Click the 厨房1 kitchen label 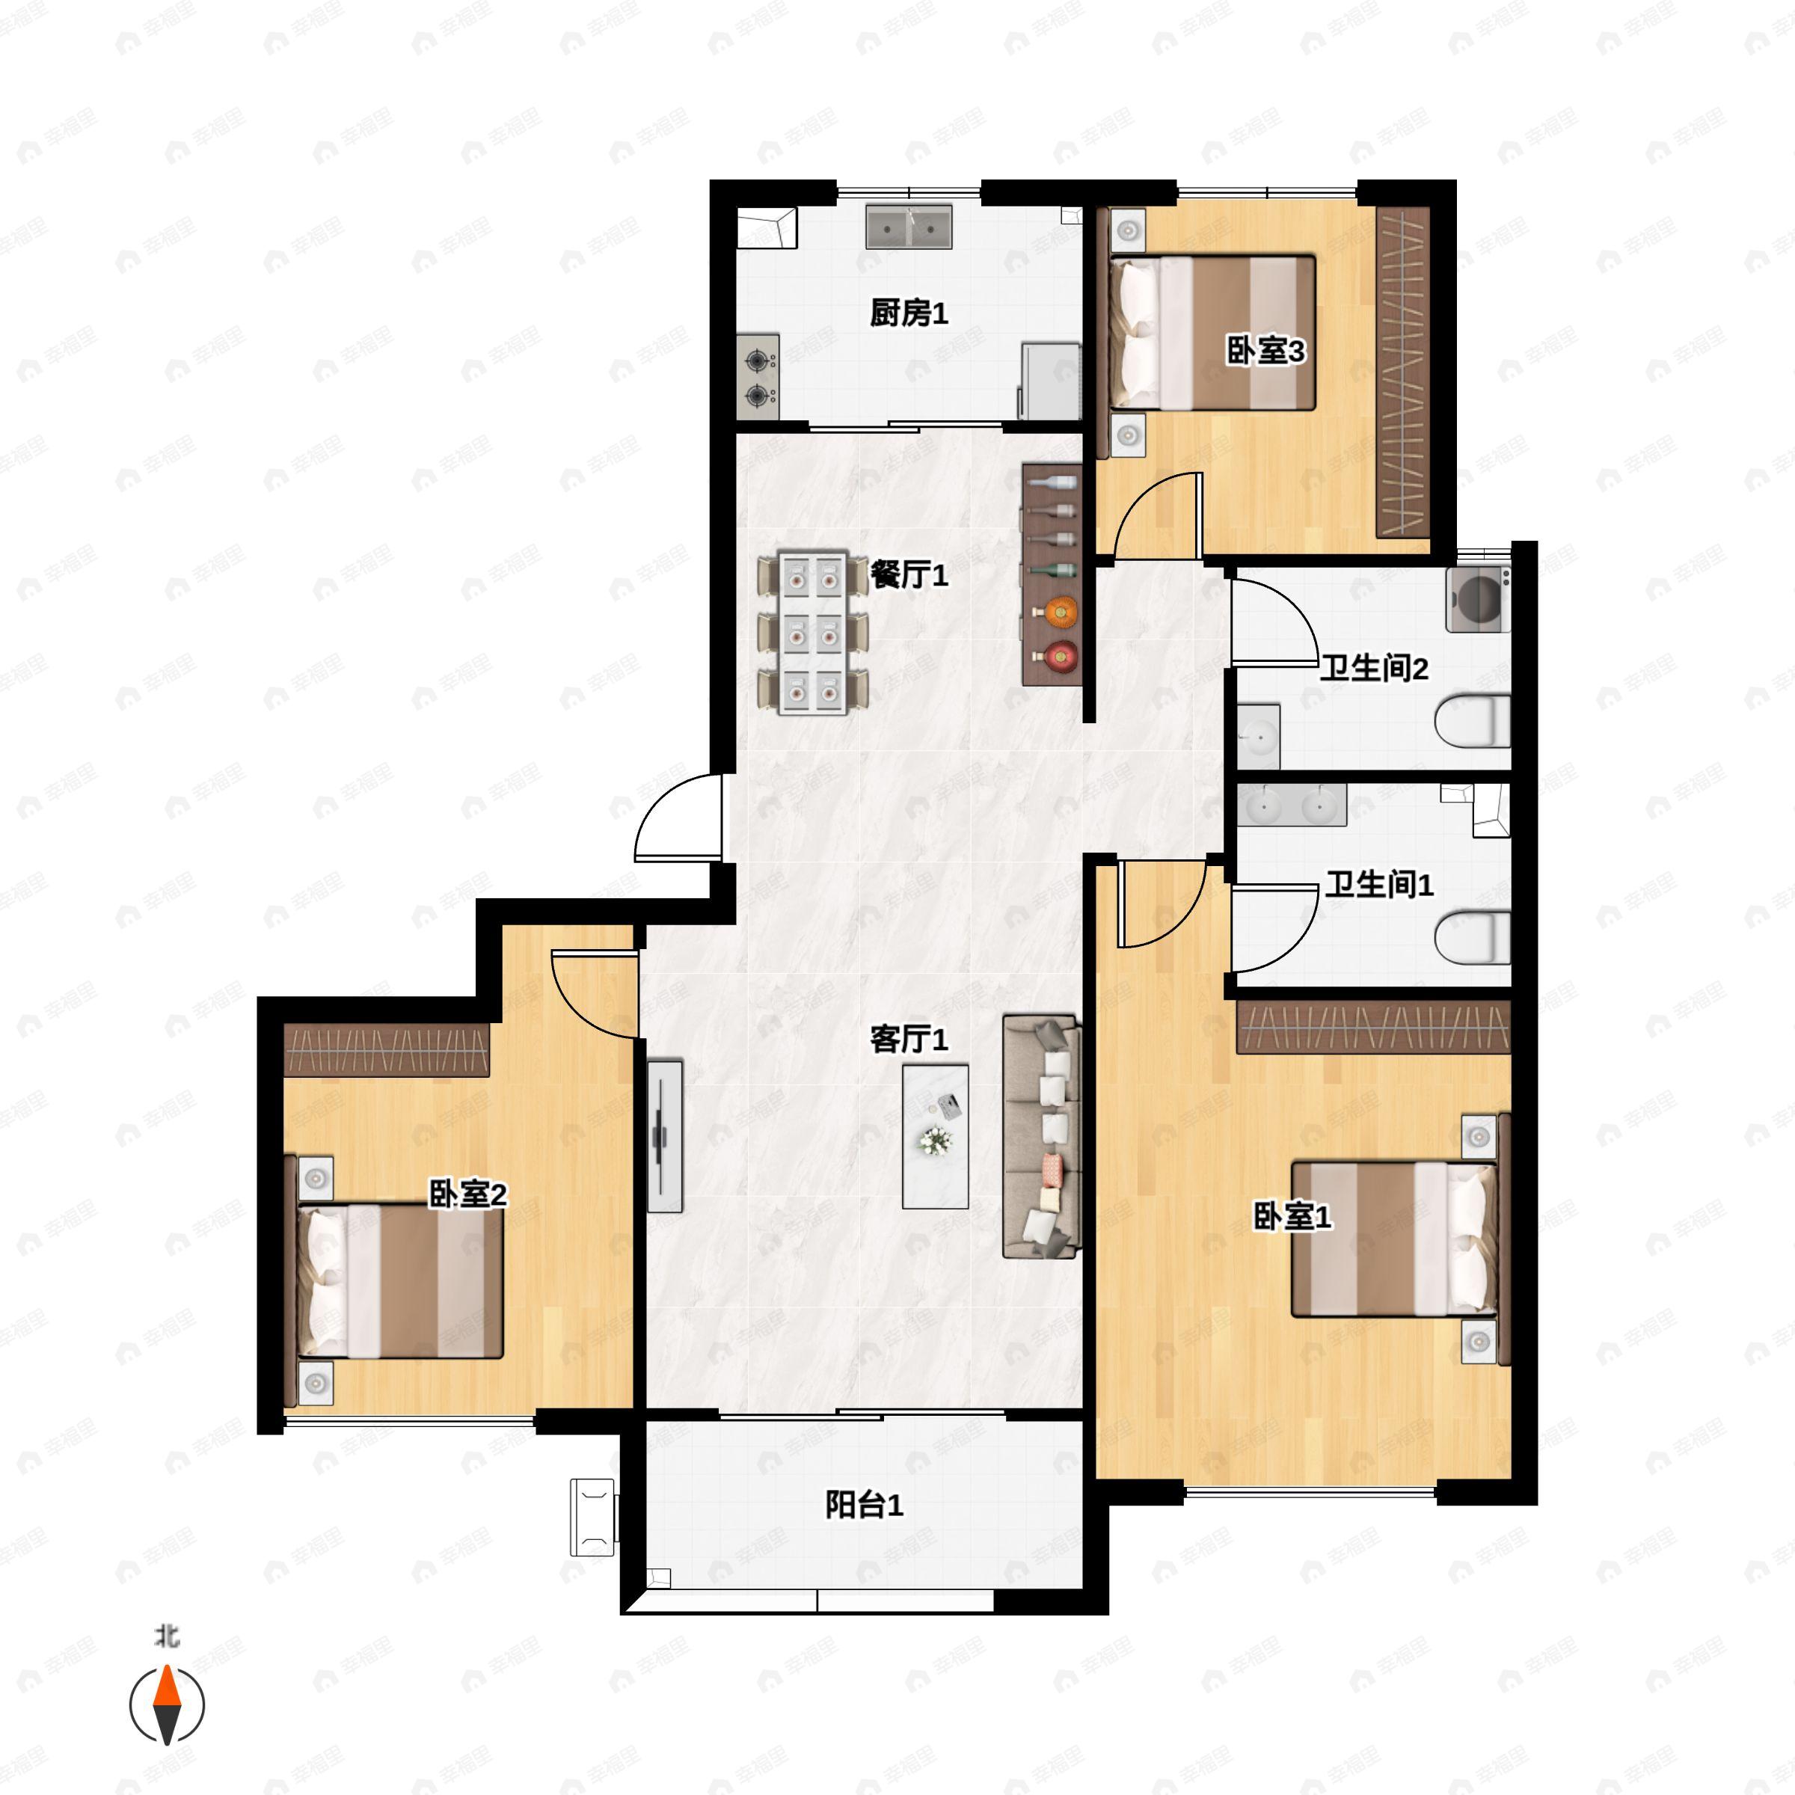[908, 313]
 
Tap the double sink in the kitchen [909, 227]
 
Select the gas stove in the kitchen [758, 376]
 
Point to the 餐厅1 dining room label [908, 575]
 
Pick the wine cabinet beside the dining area [1052, 575]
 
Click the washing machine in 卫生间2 [1476, 599]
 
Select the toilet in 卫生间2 [1473, 722]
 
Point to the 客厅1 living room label [908, 1039]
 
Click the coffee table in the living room [935, 1136]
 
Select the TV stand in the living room [664, 1136]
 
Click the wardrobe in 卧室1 [1373, 1028]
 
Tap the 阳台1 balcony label [863, 1504]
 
